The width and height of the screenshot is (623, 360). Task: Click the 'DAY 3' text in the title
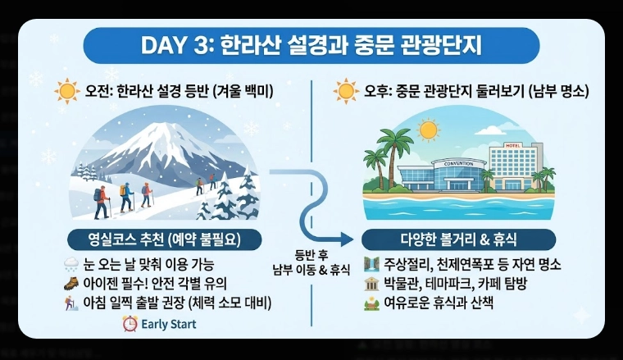point(175,44)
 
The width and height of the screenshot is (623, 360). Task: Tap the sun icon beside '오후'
point(347,89)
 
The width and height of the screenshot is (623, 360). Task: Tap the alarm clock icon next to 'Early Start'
point(129,323)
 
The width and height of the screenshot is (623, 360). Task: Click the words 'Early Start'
point(169,324)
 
